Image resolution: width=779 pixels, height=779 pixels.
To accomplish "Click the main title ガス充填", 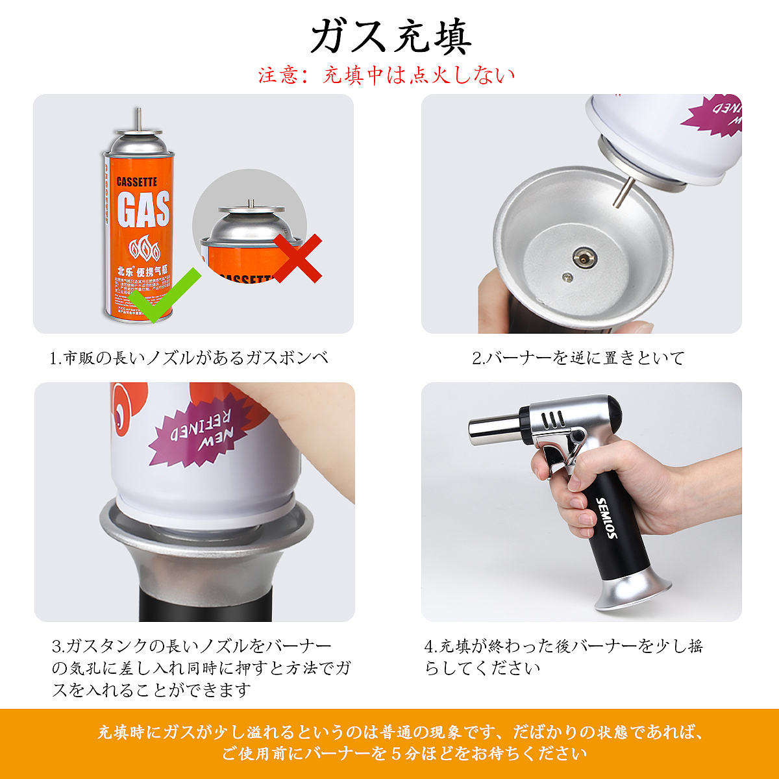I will coord(390,36).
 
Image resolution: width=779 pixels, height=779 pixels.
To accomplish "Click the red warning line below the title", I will coord(387,75).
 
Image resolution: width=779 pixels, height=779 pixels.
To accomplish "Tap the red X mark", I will coord(296,258).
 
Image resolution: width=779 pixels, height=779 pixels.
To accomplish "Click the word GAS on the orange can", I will coord(143,209).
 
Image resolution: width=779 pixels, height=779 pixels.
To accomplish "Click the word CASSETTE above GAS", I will coord(136,182).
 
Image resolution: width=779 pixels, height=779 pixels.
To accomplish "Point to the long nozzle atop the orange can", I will coord(138,119).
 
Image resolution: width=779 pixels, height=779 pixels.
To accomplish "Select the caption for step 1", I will coord(189,358).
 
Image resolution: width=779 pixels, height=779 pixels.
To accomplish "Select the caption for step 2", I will coord(578,358).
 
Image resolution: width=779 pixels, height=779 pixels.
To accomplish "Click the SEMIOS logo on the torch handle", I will coord(607,517).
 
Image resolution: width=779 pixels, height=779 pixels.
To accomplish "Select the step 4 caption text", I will coord(563,656).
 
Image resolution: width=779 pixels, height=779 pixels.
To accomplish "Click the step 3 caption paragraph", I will coord(201,667).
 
